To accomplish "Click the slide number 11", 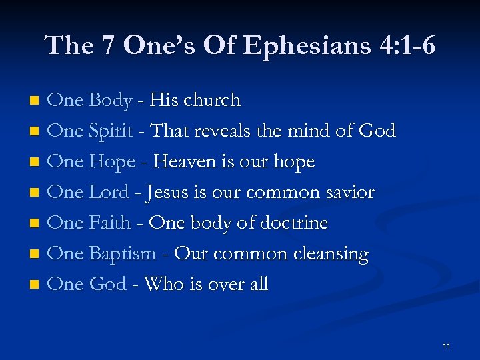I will click(x=446, y=345).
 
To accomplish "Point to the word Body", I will click(x=110, y=100).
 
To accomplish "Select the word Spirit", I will click(x=111, y=131).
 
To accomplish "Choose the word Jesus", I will click(x=167, y=192).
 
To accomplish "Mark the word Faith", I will click(x=110, y=223).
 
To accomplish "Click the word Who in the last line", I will click(x=163, y=284).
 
